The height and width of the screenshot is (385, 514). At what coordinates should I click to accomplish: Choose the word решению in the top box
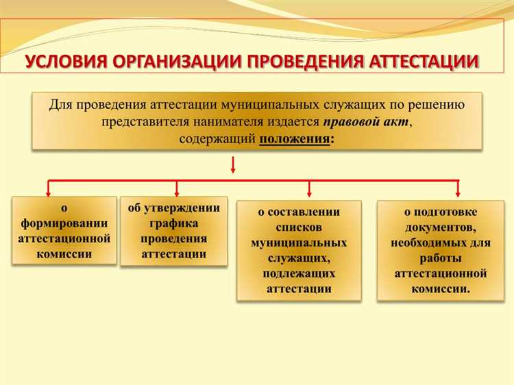pos(438,105)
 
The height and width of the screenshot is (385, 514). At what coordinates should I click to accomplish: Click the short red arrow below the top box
pos(234,164)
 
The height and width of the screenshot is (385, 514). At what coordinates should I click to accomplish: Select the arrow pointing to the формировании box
pos(48,188)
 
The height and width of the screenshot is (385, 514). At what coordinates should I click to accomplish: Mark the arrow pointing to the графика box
pos(178,188)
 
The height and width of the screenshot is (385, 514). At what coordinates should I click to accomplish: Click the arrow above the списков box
pos(308,188)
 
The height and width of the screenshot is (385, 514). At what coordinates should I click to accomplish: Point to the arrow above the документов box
pos(458,188)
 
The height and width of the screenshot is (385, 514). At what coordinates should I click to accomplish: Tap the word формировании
pos(64,223)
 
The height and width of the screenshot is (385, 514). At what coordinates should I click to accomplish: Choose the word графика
pos(173,223)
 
